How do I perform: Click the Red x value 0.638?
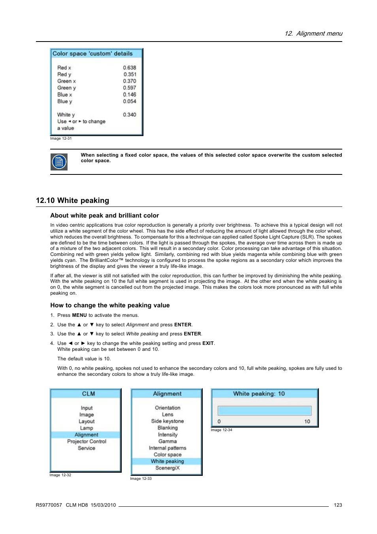129,68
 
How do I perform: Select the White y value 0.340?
129,115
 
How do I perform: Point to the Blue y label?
64,101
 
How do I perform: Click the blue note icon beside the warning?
59,162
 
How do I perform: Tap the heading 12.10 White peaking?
72,201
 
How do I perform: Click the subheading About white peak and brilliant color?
104,216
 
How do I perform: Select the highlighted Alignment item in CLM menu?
86,435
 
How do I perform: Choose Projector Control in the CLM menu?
87,441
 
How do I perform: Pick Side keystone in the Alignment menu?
167,421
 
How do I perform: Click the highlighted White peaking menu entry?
167,461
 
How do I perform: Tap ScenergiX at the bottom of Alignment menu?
167,468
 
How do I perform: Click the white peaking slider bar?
264,411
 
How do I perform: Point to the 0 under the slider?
219,422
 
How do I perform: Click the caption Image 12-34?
221,430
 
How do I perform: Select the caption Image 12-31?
61,138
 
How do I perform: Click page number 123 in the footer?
338,505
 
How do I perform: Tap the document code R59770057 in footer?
49,505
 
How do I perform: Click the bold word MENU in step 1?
79,315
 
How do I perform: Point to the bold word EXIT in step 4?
208,343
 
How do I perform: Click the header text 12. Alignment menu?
313,34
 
